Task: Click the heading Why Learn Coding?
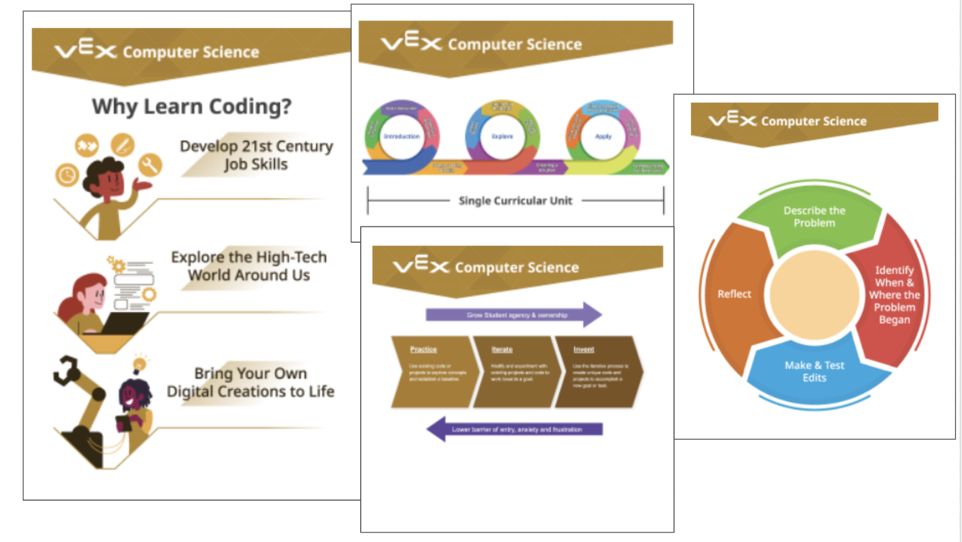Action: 192,106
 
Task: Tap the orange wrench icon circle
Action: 150,164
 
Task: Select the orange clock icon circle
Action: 67,175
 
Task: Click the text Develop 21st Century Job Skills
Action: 256,155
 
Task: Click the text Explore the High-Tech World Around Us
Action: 249,266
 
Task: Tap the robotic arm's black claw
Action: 67,369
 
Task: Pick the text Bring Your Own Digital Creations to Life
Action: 250,382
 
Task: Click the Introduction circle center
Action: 402,137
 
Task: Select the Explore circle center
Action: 502,137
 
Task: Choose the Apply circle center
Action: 603,137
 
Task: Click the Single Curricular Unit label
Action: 515,201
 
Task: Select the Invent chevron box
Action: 597,372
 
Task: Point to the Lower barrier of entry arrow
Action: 515,429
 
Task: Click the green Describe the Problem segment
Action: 814,218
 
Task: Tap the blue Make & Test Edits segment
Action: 814,372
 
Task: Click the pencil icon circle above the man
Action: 122,145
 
